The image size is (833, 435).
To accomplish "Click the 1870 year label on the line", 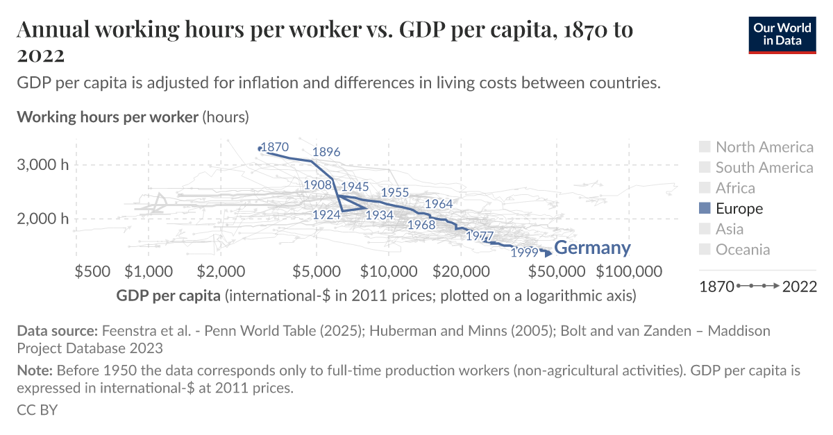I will click(x=274, y=147).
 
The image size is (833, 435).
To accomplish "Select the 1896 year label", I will click(x=326, y=152).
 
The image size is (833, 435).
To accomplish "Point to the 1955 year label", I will click(x=394, y=192).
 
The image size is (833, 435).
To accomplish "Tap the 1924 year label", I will click(x=326, y=215).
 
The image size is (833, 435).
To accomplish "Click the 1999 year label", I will click(x=524, y=253).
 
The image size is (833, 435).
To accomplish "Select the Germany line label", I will click(x=592, y=248).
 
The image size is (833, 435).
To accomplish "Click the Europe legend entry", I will click(x=739, y=209).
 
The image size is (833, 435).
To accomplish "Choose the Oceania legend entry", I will click(x=742, y=250).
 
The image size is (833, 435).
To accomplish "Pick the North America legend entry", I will click(x=764, y=147).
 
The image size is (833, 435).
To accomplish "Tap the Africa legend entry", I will click(x=735, y=188).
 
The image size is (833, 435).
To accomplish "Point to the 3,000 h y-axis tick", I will click(x=42, y=165).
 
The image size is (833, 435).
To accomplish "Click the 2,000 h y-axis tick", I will click(x=42, y=219).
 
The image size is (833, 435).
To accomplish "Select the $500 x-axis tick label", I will click(x=92, y=271).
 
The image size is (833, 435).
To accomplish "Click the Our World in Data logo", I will click(x=782, y=35).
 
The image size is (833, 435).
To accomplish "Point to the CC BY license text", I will click(x=37, y=410).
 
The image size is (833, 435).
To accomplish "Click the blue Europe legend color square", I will click(x=705, y=209).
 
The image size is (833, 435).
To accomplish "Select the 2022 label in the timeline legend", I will click(x=799, y=287).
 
